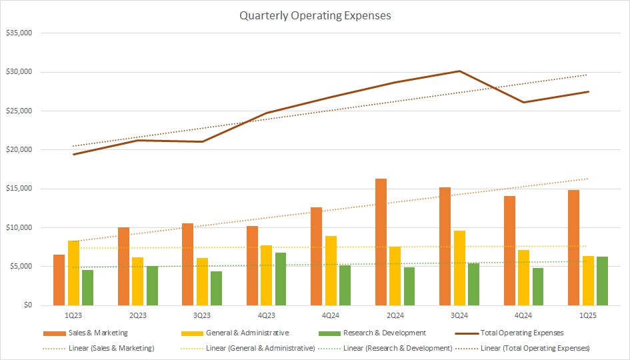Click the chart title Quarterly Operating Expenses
tap(315, 15)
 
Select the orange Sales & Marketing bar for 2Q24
tap(381, 242)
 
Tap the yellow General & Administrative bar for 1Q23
tap(73, 273)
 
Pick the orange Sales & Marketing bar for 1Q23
tap(59, 280)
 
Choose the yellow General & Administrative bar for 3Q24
tap(459, 268)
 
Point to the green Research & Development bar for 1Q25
tap(603, 281)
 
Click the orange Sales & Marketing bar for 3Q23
tap(187, 264)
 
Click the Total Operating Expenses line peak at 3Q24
tap(459, 71)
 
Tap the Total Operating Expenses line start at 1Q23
tap(73, 155)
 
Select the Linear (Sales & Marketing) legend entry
tap(100, 348)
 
